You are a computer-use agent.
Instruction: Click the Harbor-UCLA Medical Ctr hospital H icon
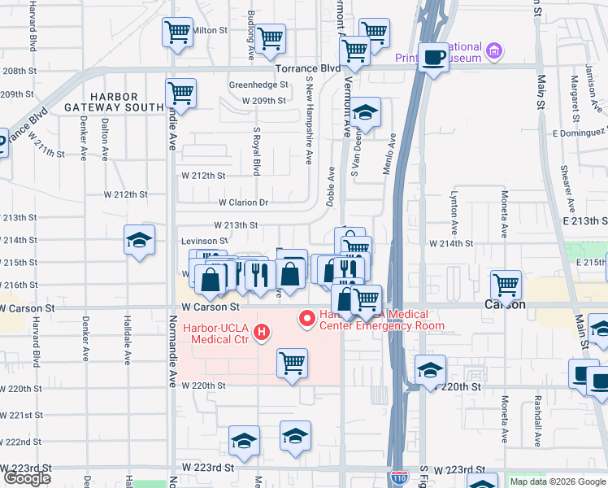pos(261,332)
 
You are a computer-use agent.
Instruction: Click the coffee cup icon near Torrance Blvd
pos(433,57)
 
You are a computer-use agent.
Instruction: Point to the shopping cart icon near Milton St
pos(177,33)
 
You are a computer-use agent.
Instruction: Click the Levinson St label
pos(204,241)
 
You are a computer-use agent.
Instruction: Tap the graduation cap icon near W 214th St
pos(139,240)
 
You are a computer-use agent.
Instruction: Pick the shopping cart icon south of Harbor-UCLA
pos(292,363)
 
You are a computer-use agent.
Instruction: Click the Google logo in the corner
pos(27,478)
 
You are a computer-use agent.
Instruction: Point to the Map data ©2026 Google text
pos(556,481)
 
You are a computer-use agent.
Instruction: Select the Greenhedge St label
pos(258,85)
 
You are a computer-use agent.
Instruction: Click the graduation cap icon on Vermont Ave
pos(366,112)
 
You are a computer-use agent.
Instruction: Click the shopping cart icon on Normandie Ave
pos(180,93)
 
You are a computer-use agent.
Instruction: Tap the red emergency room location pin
pos(307,318)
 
